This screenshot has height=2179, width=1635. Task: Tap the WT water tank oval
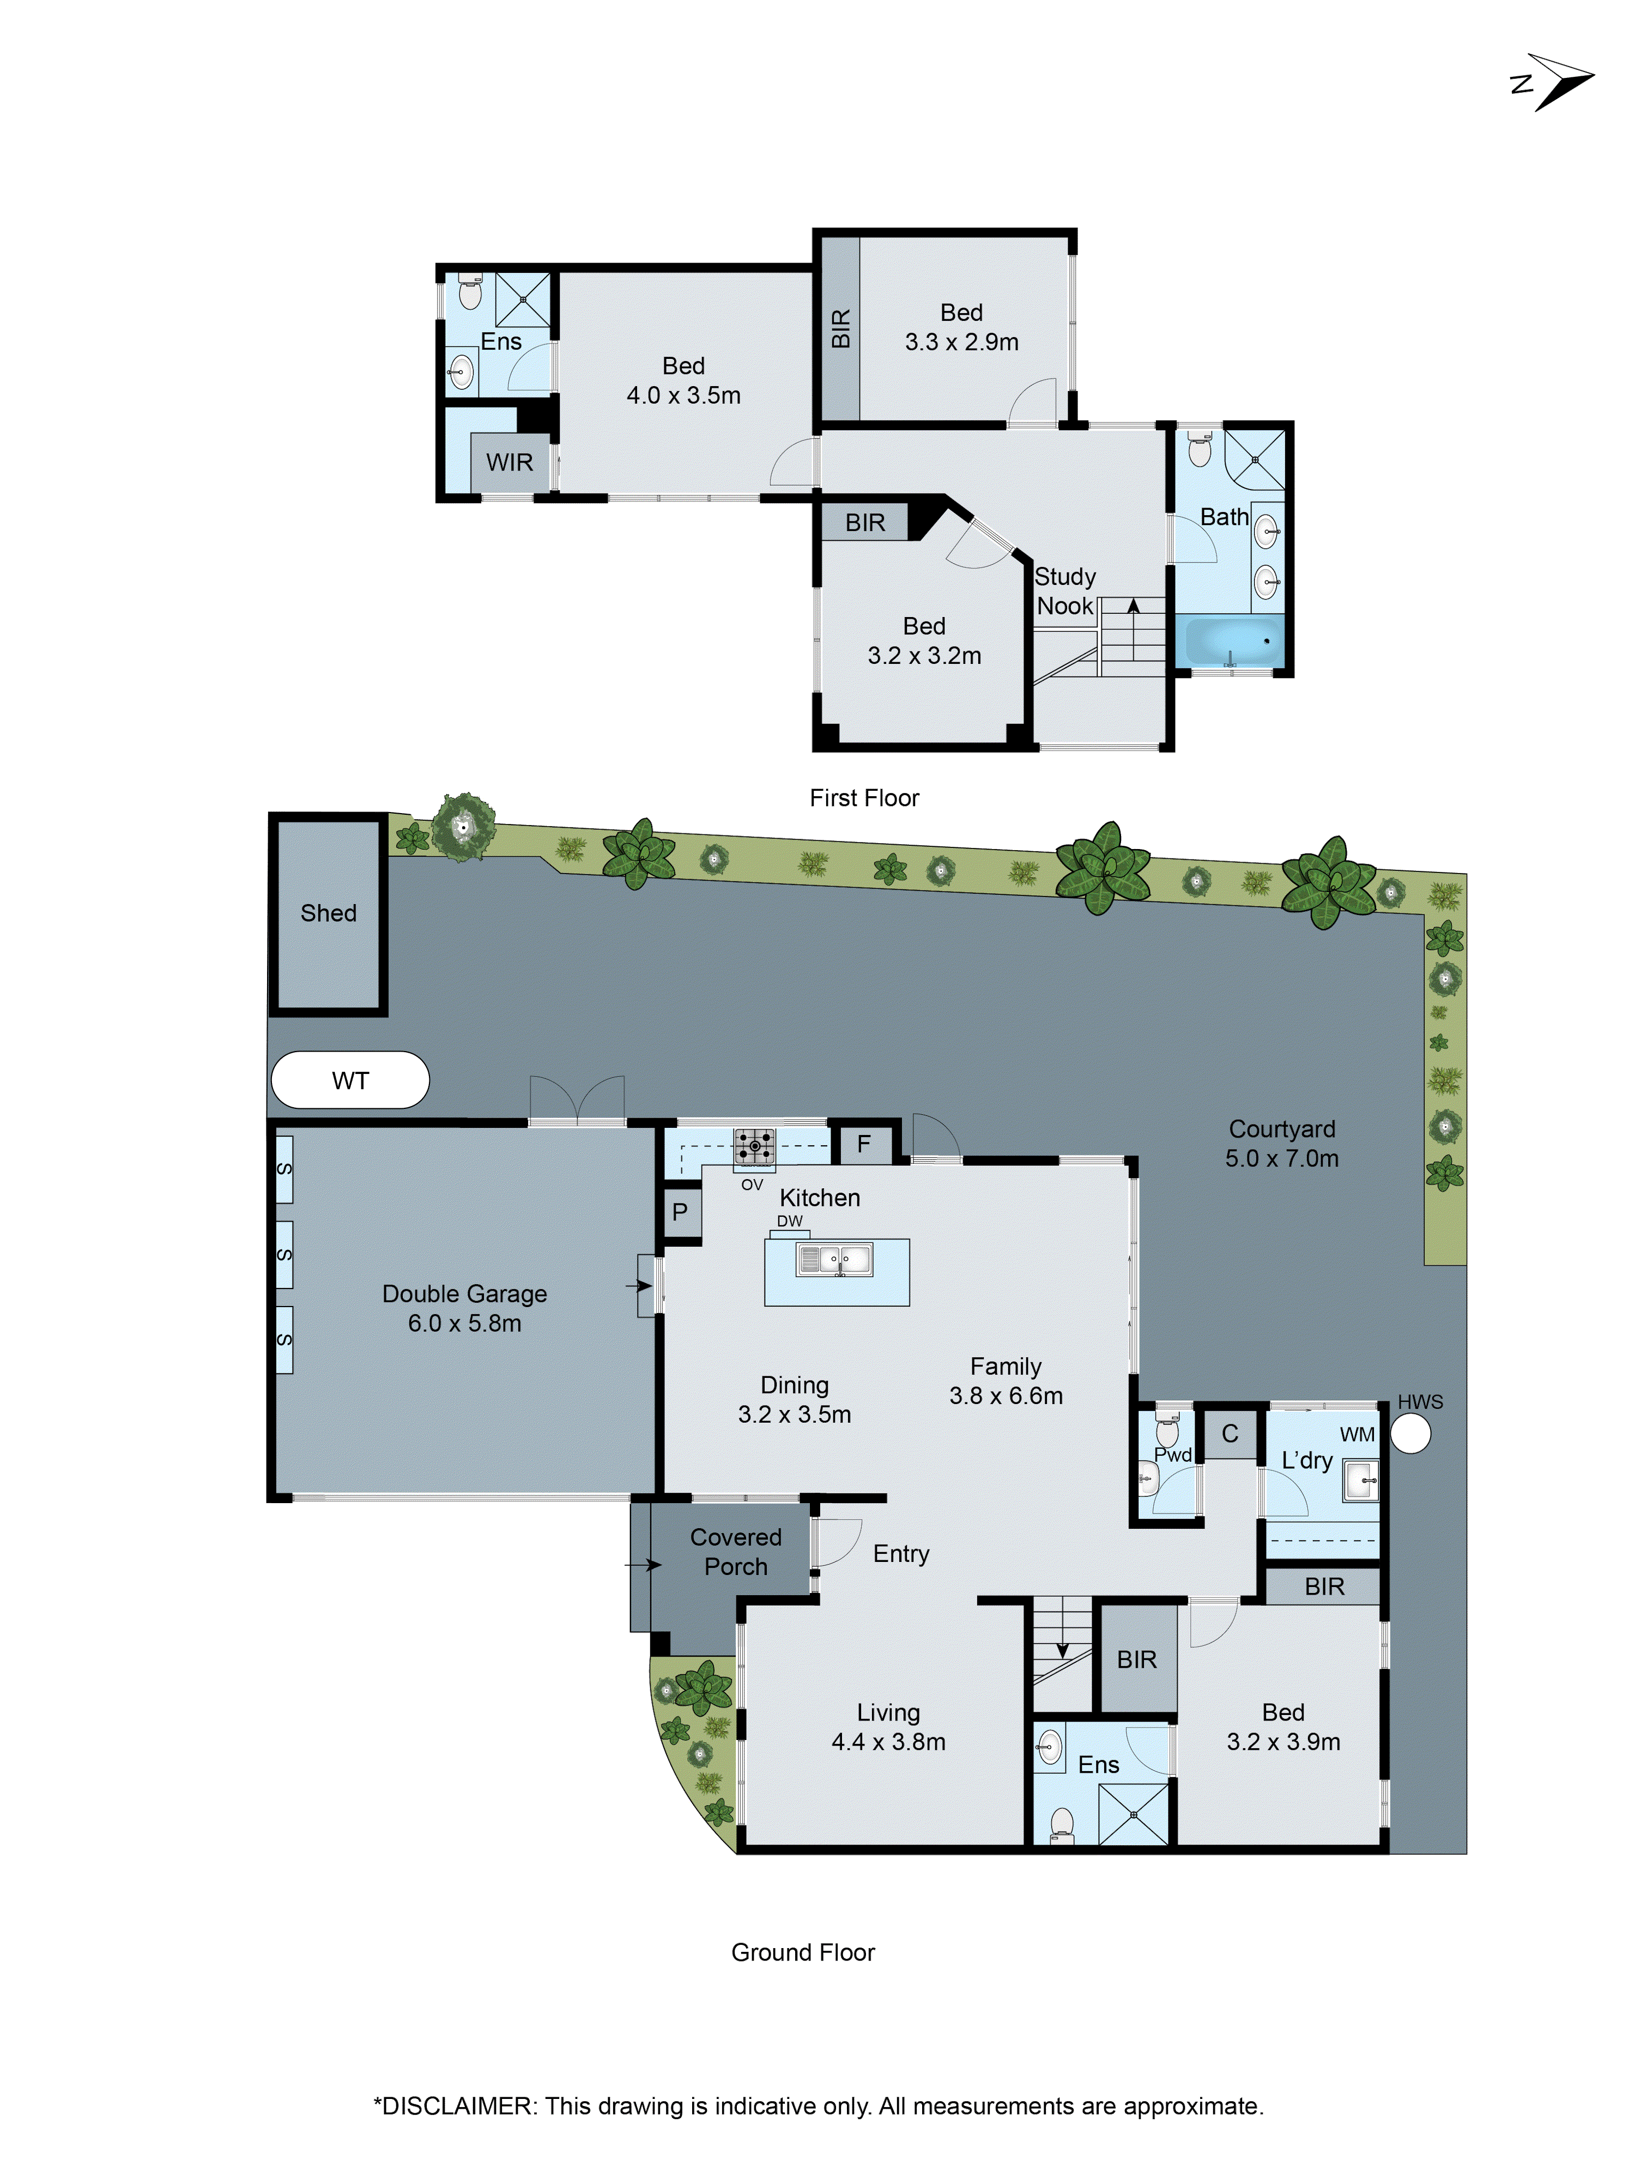[x=350, y=1081]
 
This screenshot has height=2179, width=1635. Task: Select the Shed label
[x=328, y=913]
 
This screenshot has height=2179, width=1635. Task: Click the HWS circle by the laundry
[x=1410, y=1435]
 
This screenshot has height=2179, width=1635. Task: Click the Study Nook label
[x=1064, y=591]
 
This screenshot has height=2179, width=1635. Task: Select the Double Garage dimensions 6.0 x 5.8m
[x=464, y=1323]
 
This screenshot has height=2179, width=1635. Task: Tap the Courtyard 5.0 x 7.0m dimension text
[x=1281, y=1158]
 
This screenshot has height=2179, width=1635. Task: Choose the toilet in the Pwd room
[x=1167, y=1430]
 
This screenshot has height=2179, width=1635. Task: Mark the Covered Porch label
[x=735, y=1552]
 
